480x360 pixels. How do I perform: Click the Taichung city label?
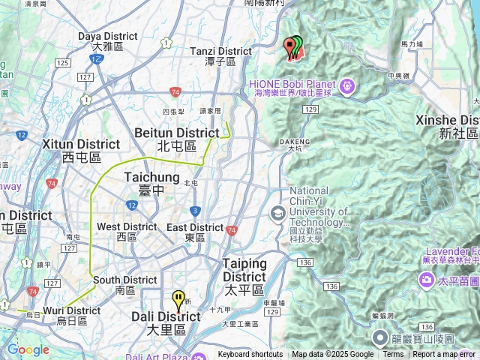(x=151, y=178)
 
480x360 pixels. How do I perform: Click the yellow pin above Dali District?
(x=178, y=300)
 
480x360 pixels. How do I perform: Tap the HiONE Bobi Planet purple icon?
(x=346, y=87)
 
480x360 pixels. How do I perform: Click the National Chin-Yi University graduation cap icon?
(x=277, y=214)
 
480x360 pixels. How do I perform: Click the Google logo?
(x=28, y=349)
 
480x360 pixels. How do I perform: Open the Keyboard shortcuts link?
(x=250, y=355)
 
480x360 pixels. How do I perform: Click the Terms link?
(x=393, y=355)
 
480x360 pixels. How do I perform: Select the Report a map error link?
(x=444, y=355)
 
